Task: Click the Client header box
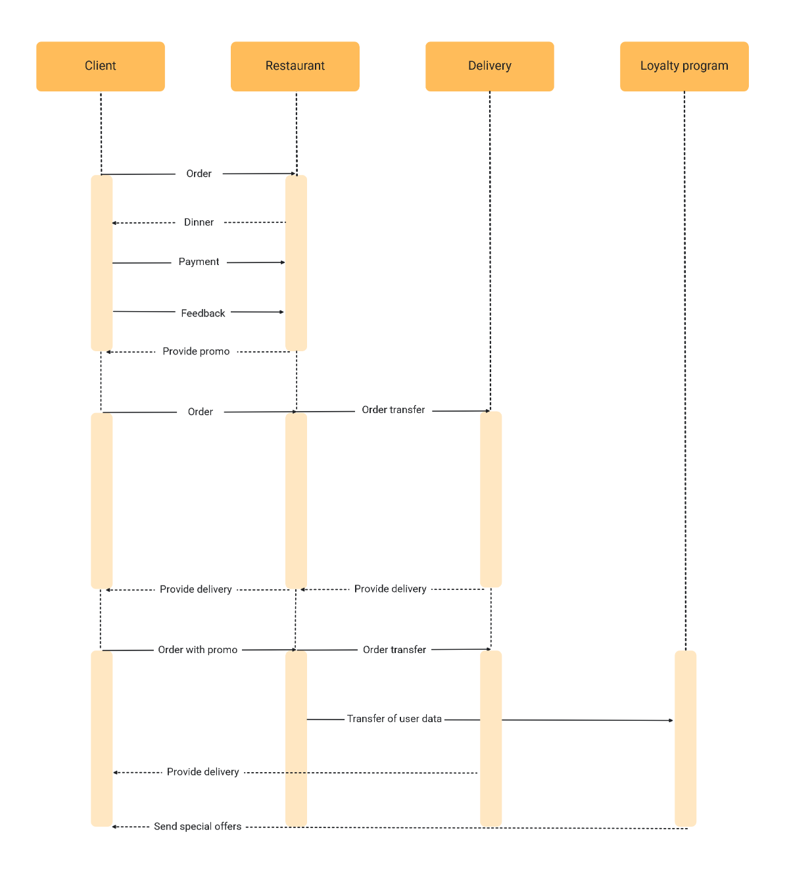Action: [100, 66]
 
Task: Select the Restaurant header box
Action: [295, 66]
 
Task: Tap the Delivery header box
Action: [489, 66]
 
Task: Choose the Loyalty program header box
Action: [684, 66]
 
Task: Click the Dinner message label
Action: [199, 222]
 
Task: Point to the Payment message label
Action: [199, 262]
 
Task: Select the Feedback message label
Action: [203, 313]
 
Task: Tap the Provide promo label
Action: [196, 351]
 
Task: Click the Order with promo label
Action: [197, 650]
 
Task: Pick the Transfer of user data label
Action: [394, 719]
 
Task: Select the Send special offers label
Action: [197, 826]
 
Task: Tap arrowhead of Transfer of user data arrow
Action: [671, 721]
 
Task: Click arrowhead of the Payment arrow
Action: [283, 262]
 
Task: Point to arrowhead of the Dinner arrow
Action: [114, 223]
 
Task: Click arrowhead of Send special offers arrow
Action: [114, 827]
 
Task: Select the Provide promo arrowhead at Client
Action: [108, 352]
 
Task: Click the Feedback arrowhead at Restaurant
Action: [282, 312]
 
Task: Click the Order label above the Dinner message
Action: [199, 174]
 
